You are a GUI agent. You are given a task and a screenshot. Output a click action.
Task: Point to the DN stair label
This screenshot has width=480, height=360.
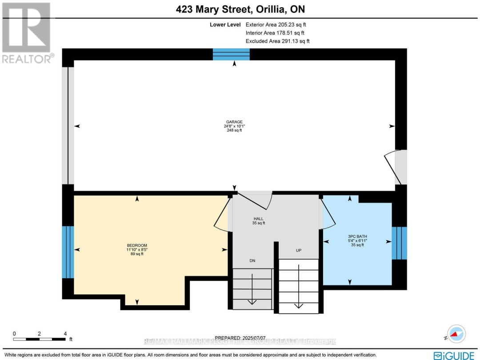252,260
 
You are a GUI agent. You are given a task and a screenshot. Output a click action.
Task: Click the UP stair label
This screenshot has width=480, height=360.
299,251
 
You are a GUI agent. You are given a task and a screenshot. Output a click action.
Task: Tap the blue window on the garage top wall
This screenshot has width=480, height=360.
231,54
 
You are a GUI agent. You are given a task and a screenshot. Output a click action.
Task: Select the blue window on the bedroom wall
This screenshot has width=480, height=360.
68,252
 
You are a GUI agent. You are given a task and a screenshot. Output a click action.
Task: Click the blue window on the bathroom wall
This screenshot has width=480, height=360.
399,243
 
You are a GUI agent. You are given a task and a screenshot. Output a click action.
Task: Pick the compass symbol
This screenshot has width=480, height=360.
456,333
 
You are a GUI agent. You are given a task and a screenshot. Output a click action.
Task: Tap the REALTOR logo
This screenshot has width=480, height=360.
27,33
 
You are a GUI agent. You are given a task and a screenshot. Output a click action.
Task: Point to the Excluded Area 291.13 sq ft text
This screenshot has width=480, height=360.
277,41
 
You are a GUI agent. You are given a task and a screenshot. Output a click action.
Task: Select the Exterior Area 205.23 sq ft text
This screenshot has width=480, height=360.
277,25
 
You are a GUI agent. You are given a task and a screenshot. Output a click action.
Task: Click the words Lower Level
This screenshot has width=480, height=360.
225,25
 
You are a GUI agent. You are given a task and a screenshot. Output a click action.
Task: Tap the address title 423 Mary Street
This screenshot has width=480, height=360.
240,9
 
